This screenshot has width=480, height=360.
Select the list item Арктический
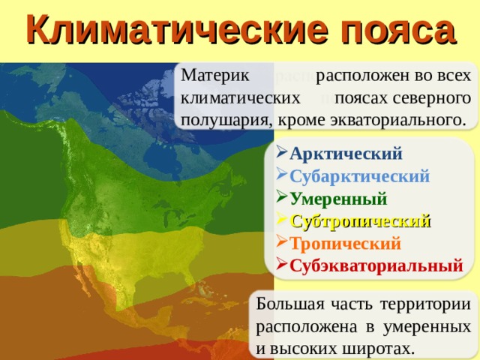[346, 154]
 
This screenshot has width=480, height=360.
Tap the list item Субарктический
[359, 177]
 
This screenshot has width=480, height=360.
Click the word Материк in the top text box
[211, 76]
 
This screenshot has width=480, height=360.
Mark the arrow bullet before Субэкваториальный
[280, 265]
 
